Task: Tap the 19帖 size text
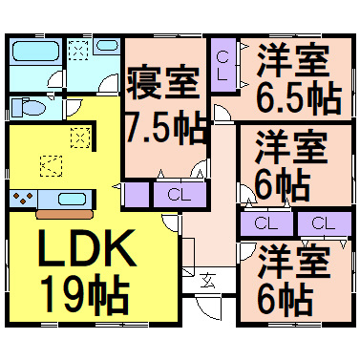click(x=85, y=293)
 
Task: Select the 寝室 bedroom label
click(x=163, y=83)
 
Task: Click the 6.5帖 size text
click(x=299, y=98)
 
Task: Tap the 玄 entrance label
click(x=208, y=280)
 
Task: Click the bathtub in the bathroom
click(x=35, y=52)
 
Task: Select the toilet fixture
click(x=29, y=107)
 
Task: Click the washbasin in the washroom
click(x=107, y=45)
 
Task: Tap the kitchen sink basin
click(x=72, y=199)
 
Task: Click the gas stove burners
click(x=23, y=198)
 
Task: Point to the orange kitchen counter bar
click(x=65, y=214)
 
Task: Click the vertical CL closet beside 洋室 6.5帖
click(x=223, y=65)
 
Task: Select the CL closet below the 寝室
click(x=180, y=195)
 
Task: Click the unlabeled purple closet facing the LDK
click(x=137, y=195)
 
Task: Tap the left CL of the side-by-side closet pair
click(x=266, y=223)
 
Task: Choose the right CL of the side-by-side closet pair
click(x=325, y=223)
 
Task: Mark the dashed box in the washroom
click(x=78, y=50)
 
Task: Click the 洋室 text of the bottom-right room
click(x=293, y=262)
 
